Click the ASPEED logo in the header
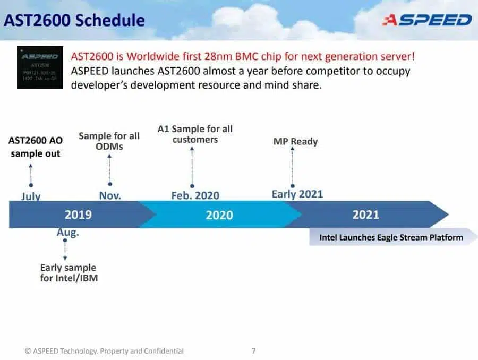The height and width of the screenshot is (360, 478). (427, 20)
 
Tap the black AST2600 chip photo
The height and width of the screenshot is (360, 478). (40, 67)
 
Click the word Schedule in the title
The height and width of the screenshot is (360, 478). (110, 20)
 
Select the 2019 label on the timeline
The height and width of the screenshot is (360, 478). (78, 215)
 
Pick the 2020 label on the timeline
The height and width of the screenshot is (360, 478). (219, 215)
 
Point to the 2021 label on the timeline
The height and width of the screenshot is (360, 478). (366, 215)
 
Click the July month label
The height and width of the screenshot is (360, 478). (31, 196)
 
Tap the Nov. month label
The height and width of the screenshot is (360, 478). (110, 195)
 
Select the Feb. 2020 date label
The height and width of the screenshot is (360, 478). (195, 195)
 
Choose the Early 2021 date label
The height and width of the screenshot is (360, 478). (297, 194)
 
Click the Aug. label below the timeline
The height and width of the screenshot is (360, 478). (67, 232)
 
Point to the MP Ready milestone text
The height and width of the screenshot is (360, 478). (295, 141)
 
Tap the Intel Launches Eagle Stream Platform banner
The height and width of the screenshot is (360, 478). (392, 237)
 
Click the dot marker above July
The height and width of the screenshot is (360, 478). (31, 185)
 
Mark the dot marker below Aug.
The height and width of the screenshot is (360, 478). (65, 240)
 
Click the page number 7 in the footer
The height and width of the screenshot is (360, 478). (253, 351)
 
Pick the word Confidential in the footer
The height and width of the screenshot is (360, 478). (164, 351)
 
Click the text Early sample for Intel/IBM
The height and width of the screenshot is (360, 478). (69, 273)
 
